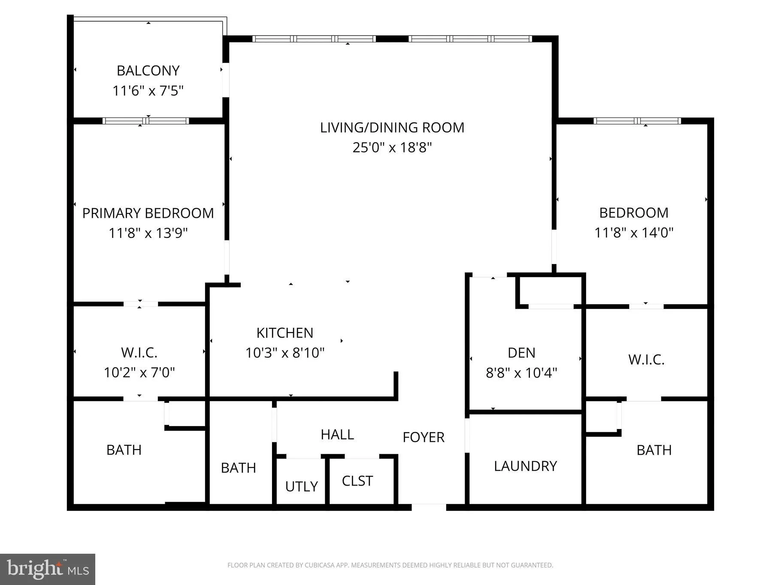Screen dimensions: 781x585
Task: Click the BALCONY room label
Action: [x=148, y=71]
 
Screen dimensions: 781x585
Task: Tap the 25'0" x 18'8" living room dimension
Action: [x=392, y=147]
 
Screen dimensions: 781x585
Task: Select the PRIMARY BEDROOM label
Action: [x=148, y=213]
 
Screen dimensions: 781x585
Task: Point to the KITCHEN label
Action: [x=285, y=333]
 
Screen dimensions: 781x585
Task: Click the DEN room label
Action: [x=521, y=353]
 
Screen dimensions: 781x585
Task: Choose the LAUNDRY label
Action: [x=525, y=466]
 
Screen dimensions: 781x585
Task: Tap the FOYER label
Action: [x=424, y=437]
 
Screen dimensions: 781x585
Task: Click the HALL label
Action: [x=337, y=435]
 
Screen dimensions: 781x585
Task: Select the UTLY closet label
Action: [x=302, y=486]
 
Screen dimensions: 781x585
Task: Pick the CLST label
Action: [x=357, y=481]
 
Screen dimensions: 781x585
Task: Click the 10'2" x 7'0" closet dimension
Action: [x=139, y=372]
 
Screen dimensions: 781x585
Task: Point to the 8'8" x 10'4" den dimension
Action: [x=521, y=373]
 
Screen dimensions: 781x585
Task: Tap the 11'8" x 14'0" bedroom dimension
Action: [x=634, y=233]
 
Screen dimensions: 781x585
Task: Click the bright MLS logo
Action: [x=48, y=569]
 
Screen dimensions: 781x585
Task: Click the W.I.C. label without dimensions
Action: [x=646, y=360]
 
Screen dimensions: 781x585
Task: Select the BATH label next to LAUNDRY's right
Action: [x=654, y=450]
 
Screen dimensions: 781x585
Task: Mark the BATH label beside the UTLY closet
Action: [x=238, y=468]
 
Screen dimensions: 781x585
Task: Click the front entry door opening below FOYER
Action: [x=429, y=507]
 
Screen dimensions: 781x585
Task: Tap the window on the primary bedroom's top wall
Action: [x=146, y=121]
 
